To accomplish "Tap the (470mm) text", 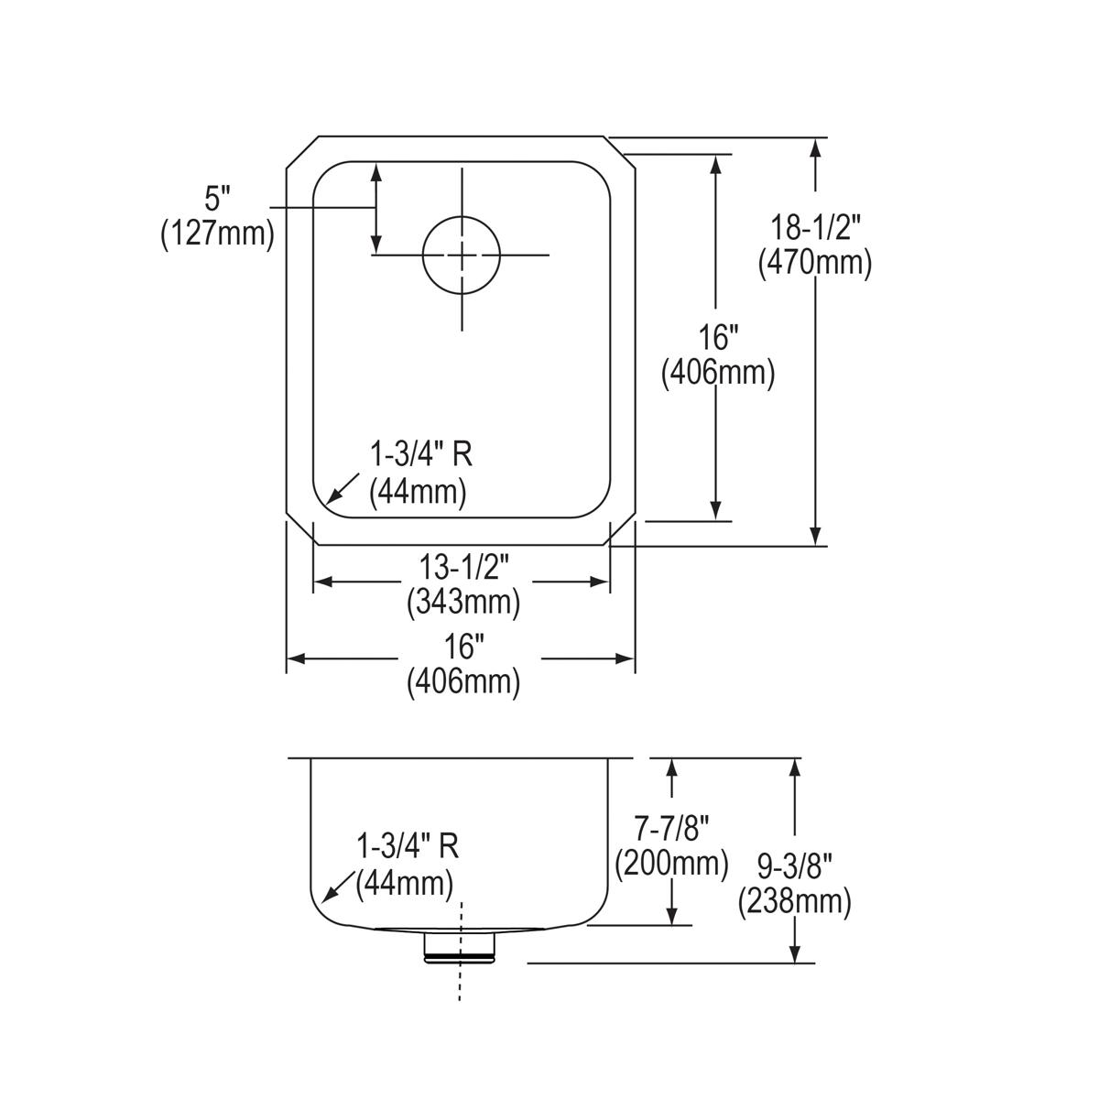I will point(814,263).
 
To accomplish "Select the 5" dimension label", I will point(217,197).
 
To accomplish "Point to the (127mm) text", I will point(217,234).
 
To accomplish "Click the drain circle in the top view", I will point(462,255).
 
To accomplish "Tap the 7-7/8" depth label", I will point(672,829).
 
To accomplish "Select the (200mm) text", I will point(672,863).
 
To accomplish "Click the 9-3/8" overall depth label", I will point(795,865).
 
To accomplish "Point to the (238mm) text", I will point(795,902).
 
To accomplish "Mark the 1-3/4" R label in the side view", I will point(408,847).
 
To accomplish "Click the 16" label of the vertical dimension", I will point(718,337).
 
